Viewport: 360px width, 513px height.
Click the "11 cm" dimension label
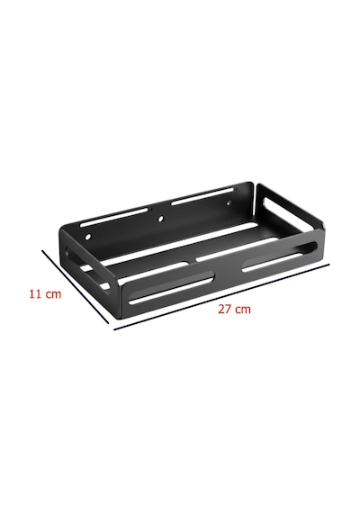(x=45, y=293)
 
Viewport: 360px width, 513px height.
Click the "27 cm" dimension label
(x=234, y=309)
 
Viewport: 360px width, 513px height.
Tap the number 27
(x=224, y=309)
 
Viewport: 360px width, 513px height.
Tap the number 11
(x=35, y=293)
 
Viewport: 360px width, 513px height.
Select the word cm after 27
(x=242, y=310)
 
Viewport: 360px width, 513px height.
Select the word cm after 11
(x=53, y=294)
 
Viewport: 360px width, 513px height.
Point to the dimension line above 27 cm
(x=221, y=297)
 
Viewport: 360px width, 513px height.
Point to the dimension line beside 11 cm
(x=76, y=287)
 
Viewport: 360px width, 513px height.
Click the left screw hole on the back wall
(x=87, y=236)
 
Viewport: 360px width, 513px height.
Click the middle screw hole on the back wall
(x=160, y=219)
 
